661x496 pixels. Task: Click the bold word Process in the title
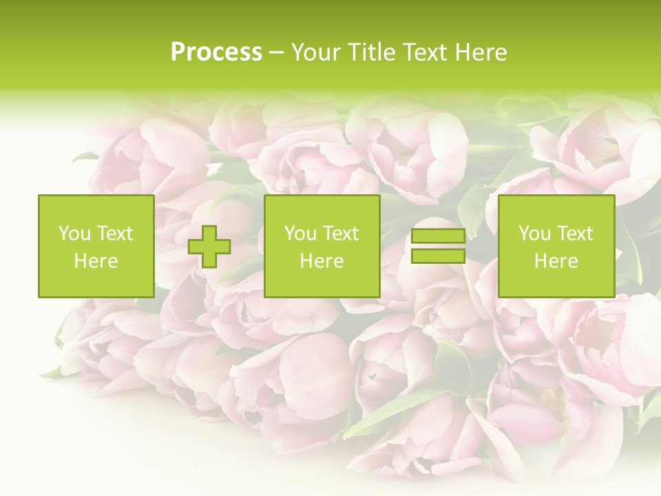click(x=216, y=52)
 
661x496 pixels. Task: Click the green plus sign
click(x=209, y=247)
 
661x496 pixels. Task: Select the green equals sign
click(x=438, y=247)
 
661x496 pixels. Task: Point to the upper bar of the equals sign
click(x=438, y=236)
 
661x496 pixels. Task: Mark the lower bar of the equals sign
click(x=438, y=256)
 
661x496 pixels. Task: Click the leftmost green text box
click(x=96, y=246)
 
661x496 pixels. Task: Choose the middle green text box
click(x=322, y=246)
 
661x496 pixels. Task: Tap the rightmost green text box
click(x=556, y=246)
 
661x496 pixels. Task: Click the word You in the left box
click(x=74, y=234)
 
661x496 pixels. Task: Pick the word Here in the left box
click(x=96, y=261)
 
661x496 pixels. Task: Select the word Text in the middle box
click(x=340, y=234)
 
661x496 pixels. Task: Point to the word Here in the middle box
click(x=322, y=261)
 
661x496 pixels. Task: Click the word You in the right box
click(x=535, y=234)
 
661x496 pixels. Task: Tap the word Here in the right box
click(x=556, y=261)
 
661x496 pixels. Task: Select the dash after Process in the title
click(x=276, y=52)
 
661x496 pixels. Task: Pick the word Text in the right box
click(x=574, y=234)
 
